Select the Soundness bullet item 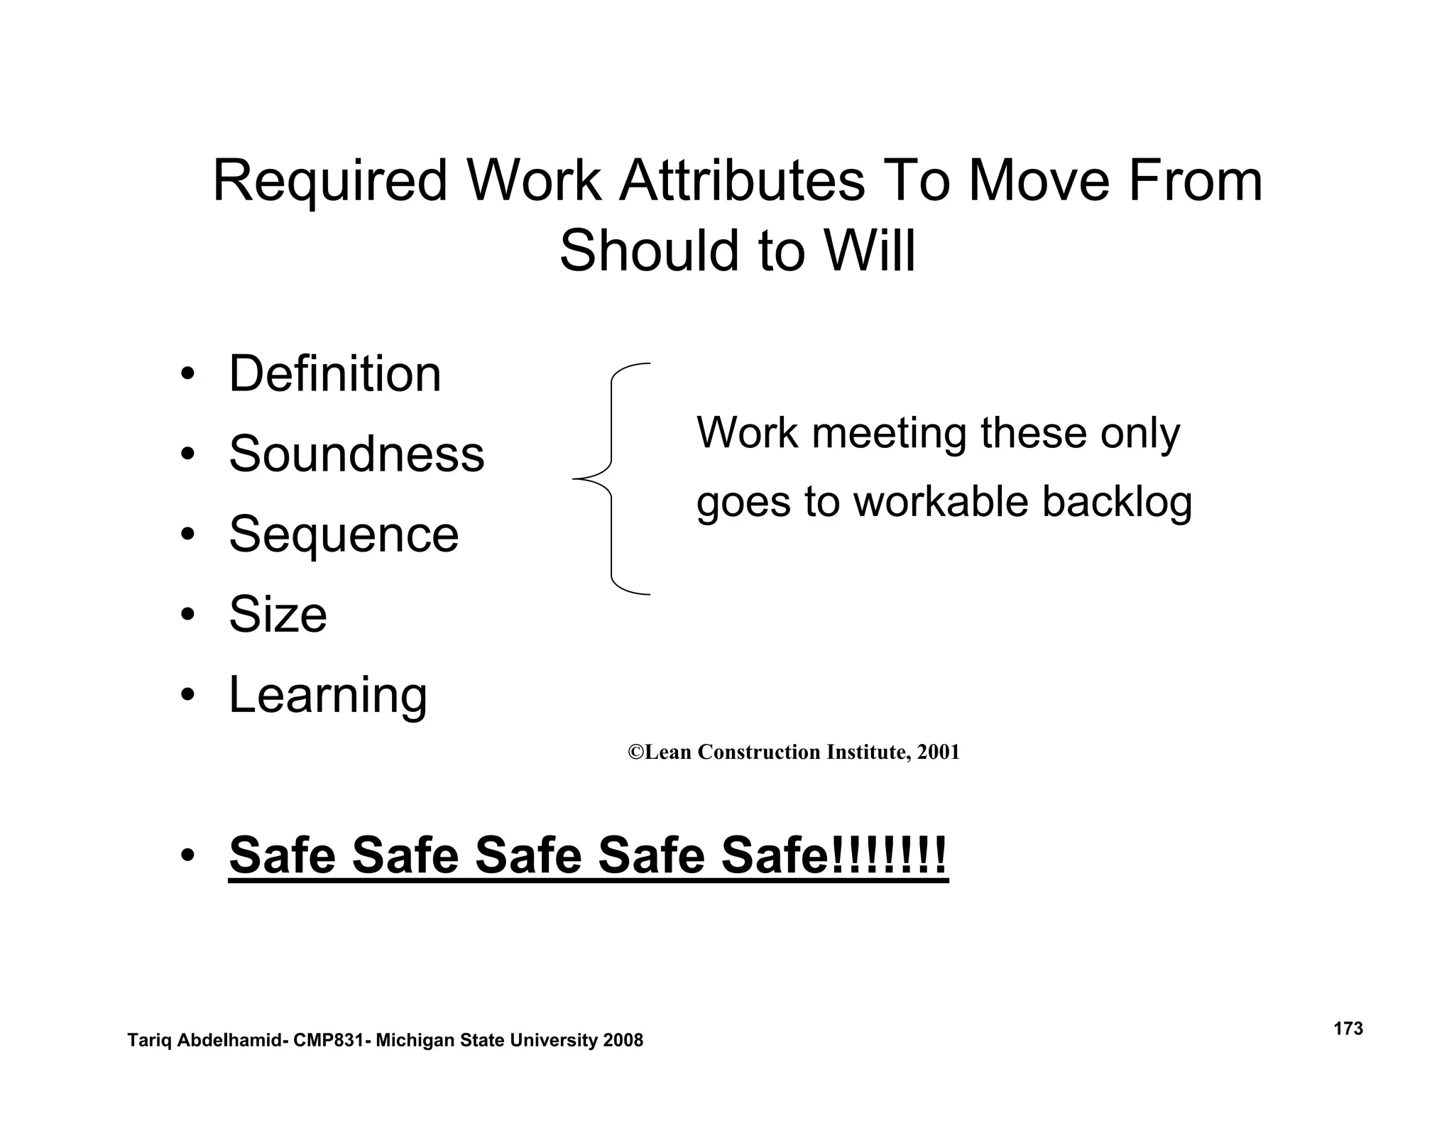point(356,454)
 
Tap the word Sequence point(344,534)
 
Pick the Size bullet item point(278,614)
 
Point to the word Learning point(328,694)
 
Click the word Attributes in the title point(742,181)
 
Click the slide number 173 point(1348,1029)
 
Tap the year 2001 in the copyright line point(938,752)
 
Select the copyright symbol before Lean point(635,752)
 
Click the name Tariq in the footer point(148,1041)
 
